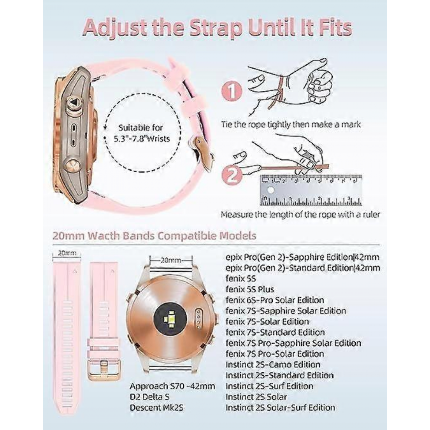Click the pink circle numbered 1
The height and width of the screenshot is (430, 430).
[232, 91]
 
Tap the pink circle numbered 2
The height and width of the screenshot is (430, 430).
[232, 175]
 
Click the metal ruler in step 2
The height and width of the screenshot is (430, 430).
[311, 190]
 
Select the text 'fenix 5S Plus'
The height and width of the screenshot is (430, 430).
[250, 289]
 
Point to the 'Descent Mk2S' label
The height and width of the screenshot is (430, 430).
[157, 407]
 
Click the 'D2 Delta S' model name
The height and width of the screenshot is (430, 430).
[150, 397]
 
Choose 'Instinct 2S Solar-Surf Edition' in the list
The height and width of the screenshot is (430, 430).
[280, 407]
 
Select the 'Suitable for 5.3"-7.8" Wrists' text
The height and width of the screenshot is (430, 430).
[142, 133]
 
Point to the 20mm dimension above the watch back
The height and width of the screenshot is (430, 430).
[171, 260]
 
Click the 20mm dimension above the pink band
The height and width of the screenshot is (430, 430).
[67, 254]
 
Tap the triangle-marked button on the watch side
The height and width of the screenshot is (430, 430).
[74, 103]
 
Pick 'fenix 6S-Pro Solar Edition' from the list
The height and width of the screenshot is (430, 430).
[275, 300]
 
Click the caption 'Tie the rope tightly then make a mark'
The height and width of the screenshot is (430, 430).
[291, 125]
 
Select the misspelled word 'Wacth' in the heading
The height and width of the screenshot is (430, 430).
[103, 235]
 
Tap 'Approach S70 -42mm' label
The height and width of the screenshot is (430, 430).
[172, 386]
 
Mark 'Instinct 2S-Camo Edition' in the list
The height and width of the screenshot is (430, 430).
[273, 364]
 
